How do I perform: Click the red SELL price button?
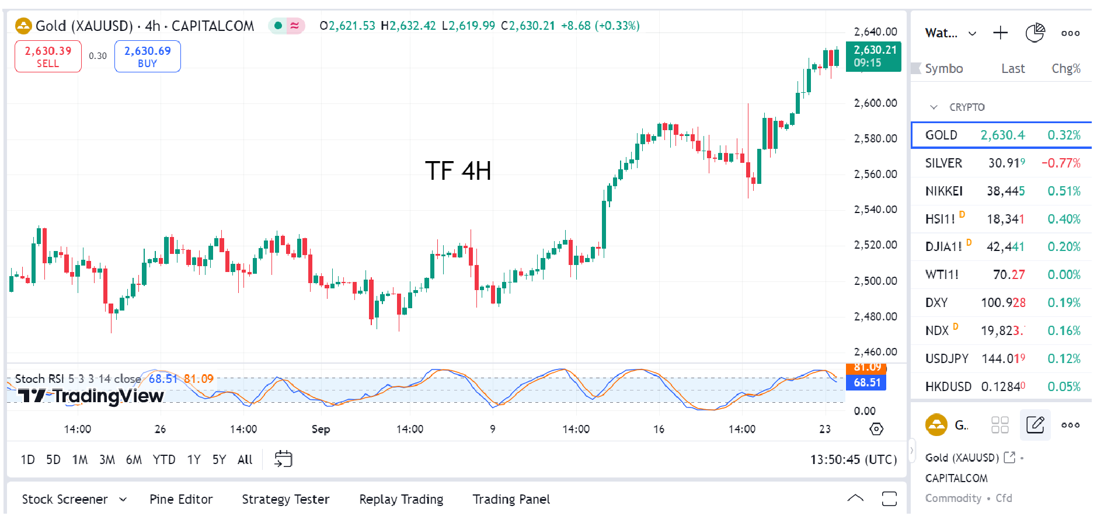point(48,57)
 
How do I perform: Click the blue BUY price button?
point(148,57)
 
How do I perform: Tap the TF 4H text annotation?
point(458,171)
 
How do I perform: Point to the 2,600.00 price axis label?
point(875,103)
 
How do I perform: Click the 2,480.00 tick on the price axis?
point(875,317)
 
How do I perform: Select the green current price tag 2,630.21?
point(873,56)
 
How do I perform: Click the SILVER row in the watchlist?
point(1001,163)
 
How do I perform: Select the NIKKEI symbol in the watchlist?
point(944,191)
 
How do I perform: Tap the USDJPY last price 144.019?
point(1003,359)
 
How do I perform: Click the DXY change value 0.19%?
point(1064,303)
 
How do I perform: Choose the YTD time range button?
point(164,460)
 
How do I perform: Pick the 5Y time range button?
point(219,460)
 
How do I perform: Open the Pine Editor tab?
point(181,500)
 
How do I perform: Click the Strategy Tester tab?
point(285,500)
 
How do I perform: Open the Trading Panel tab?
point(511,500)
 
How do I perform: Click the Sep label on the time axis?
point(321,430)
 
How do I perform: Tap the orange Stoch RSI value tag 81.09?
point(867,367)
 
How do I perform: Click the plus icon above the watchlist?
point(1000,33)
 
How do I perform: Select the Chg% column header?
point(1065,69)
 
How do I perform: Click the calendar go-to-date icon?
point(283,459)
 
